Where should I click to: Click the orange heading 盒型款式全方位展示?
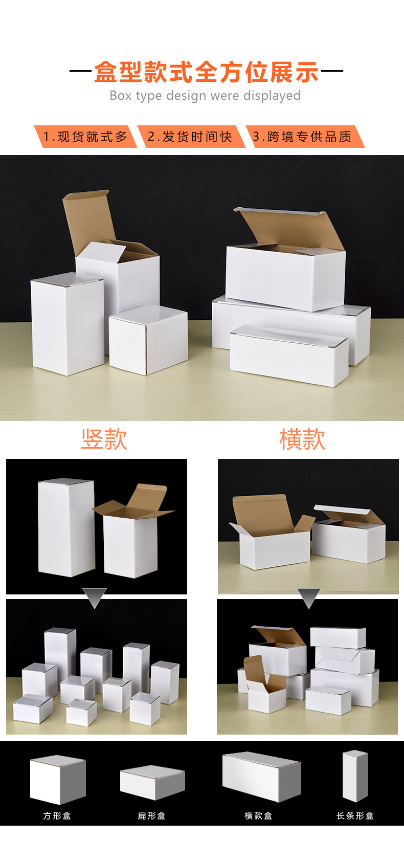click(x=206, y=72)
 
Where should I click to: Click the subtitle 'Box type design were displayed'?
click(x=205, y=96)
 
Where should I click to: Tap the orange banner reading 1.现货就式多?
click(x=85, y=137)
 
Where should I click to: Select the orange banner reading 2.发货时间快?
click(x=190, y=137)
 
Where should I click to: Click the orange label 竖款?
click(x=104, y=439)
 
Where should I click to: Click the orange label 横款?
click(x=302, y=439)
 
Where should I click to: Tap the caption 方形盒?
click(x=57, y=815)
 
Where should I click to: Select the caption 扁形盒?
click(x=151, y=815)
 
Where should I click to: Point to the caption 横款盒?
click(x=258, y=815)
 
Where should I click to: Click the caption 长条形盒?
click(x=355, y=815)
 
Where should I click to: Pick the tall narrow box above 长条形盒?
click(x=355, y=776)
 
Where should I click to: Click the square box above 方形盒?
click(x=57, y=780)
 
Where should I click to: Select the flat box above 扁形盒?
click(x=152, y=782)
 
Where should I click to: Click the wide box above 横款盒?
click(x=261, y=777)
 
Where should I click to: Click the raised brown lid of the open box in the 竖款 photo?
click(x=148, y=496)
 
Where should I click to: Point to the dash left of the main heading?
click(x=80, y=72)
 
